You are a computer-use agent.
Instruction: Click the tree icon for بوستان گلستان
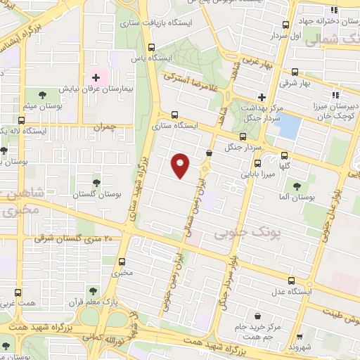[x=96, y=181]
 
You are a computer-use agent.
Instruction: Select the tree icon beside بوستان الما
[x=296, y=186]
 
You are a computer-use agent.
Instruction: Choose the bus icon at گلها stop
[x=284, y=156]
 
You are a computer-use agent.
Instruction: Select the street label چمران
[x=103, y=127]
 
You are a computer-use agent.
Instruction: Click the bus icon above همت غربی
[x=18, y=292]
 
